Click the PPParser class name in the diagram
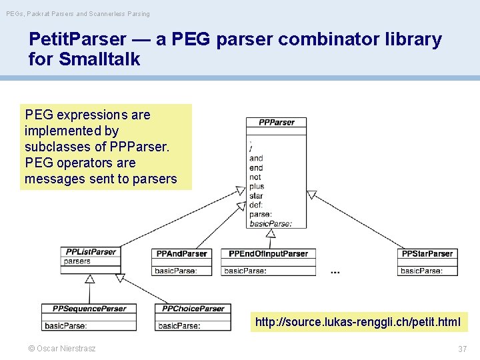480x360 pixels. (x=276, y=123)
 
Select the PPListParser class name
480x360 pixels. (x=91, y=252)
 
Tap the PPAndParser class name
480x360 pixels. (x=181, y=254)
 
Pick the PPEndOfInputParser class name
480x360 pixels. (x=269, y=254)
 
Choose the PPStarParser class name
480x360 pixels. (x=427, y=254)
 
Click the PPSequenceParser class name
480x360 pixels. (x=89, y=309)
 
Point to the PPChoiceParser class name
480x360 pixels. (x=193, y=309)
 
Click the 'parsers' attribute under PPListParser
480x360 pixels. (x=77, y=261)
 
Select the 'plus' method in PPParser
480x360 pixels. (x=257, y=187)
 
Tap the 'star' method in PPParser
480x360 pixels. (x=256, y=196)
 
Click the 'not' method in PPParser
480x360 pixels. (x=255, y=177)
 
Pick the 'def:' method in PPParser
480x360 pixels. (x=256, y=205)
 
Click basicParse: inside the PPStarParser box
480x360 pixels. (x=421, y=271)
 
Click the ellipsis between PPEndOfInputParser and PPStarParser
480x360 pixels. (x=335, y=271)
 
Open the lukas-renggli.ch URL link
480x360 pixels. (x=357, y=323)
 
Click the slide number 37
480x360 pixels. (x=462, y=349)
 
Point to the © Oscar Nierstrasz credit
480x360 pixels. (x=61, y=349)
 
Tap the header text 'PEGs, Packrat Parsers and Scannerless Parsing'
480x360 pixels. (x=78, y=13)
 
